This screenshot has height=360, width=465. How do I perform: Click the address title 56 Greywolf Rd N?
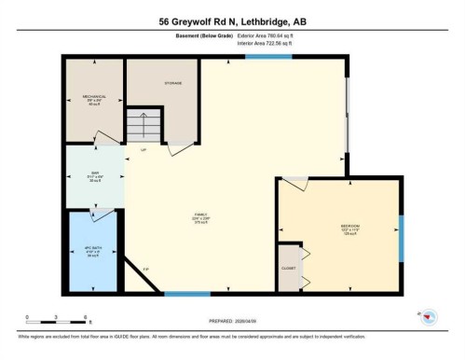point(232,20)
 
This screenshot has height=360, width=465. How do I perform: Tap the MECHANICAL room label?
point(93,98)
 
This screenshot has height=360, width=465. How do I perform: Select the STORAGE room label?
point(172,83)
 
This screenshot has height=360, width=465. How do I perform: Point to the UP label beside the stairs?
point(143,150)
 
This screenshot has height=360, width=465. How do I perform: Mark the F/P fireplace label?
point(144,270)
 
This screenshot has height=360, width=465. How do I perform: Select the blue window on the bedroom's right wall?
point(402,239)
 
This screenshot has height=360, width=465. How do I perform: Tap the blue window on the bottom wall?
point(186,295)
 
